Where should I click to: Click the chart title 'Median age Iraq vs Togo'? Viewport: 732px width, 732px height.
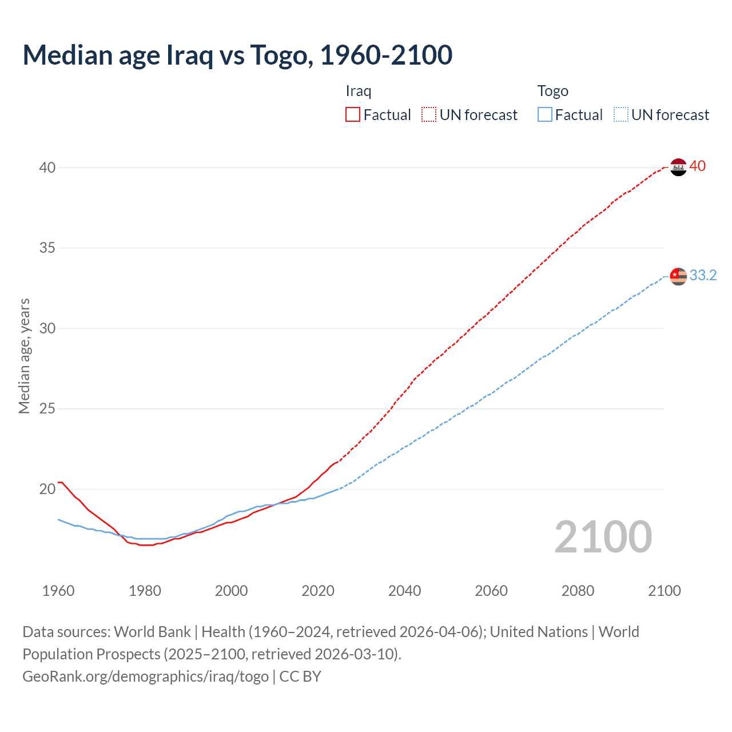point(237,55)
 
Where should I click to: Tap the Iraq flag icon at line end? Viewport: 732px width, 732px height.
point(678,167)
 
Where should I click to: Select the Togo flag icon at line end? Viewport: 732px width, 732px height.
point(678,276)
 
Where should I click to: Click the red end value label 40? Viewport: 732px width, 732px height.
point(698,166)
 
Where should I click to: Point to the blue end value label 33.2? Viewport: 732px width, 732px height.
point(703,276)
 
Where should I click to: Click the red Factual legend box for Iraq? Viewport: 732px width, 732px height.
point(353,115)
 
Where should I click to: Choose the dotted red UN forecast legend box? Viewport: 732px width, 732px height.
point(429,115)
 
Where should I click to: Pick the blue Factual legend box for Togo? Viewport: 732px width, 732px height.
point(544,115)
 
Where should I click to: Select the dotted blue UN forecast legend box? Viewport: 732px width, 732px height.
point(620,115)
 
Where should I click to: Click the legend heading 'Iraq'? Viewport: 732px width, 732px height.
point(359,91)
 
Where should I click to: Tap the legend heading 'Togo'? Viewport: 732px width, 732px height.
point(552,91)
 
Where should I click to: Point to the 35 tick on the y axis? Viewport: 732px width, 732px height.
point(47,248)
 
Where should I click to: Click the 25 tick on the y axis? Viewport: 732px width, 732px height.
point(47,409)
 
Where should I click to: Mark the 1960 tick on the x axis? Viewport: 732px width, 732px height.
point(58,591)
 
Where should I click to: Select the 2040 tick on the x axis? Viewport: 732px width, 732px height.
point(404,591)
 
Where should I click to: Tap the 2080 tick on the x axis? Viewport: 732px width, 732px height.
point(578,591)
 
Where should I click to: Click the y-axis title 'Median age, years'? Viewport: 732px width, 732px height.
point(24,356)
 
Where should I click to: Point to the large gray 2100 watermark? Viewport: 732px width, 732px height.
point(603,537)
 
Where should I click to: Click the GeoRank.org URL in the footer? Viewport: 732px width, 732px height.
point(145,677)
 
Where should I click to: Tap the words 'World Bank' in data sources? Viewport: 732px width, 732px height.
point(152,632)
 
